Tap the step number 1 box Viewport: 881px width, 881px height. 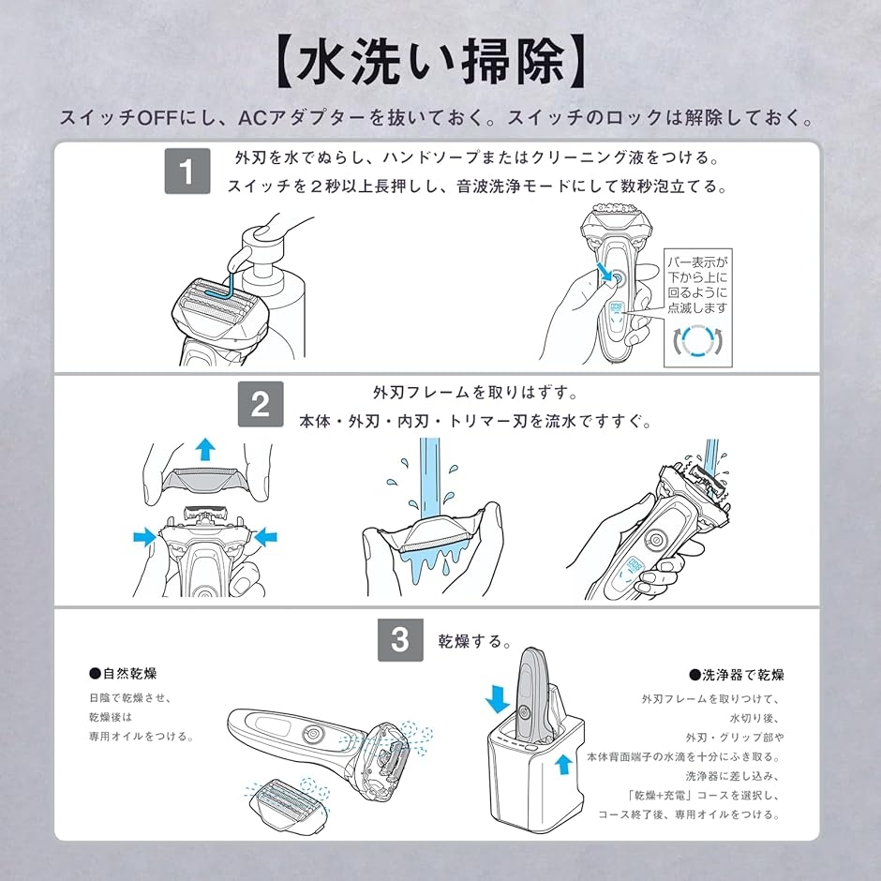(x=187, y=172)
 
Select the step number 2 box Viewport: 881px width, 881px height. (x=261, y=405)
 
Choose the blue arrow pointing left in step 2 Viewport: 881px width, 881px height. (x=266, y=536)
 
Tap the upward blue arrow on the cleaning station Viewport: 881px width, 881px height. (x=561, y=768)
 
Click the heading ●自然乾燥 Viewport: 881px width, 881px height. (x=123, y=674)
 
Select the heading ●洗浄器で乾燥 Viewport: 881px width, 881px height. (x=736, y=674)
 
